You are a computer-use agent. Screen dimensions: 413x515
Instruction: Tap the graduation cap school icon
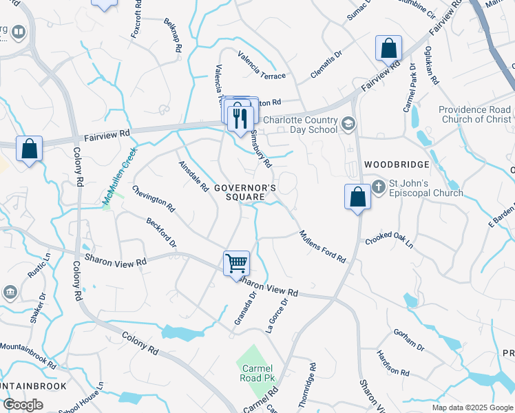point(348,123)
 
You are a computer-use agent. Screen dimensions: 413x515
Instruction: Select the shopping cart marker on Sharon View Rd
point(236,263)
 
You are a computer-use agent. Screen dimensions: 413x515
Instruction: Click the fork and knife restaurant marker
point(240,117)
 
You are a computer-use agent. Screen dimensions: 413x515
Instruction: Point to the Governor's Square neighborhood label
point(245,192)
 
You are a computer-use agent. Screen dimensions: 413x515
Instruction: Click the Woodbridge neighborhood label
point(397,165)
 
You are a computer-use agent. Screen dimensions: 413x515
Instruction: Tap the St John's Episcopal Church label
point(419,187)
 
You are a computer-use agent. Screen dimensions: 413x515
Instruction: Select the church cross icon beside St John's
point(378,186)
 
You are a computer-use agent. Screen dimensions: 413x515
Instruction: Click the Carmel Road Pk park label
point(255,373)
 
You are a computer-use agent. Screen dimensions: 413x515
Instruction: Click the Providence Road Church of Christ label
point(475,114)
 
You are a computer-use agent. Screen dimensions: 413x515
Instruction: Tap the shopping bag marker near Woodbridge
point(357,197)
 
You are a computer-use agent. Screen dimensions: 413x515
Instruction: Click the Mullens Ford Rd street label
point(322,246)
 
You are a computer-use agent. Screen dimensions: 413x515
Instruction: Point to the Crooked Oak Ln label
point(390,240)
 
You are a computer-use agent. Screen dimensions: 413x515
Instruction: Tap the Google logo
point(23,405)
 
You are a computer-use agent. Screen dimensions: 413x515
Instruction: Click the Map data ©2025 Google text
point(472,407)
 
